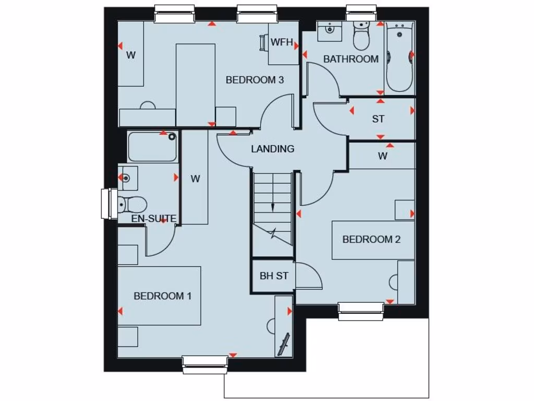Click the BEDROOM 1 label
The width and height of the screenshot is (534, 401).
pyautogui.click(x=163, y=296)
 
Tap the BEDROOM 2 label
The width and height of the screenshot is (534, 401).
pyautogui.click(x=371, y=240)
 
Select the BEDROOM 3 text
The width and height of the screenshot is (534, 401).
pyautogui.click(x=254, y=80)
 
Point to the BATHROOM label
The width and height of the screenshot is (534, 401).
pyautogui.click(x=351, y=59)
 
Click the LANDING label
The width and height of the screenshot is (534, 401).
pyautogui.click(x=273, y=149)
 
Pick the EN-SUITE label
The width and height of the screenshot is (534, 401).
pyautogui.click(x=153, y=218)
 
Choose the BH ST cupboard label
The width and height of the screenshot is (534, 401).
pyautogui.click(x=274, y=276)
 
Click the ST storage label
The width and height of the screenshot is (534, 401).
pyautogui.click(x=378, y=119)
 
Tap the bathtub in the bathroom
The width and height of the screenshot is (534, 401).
pyautogui.click(x=399, y=57)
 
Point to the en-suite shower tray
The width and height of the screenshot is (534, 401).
pyautogui.click(x=152, y=147)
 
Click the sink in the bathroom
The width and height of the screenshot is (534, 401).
pyautogui.click(x=330, y=31)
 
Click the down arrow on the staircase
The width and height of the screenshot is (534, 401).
pyautogui.click(x=272, y=207)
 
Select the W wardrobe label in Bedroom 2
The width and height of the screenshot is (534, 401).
pyautogui.click(x=383, y=156)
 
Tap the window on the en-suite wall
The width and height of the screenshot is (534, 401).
pyautogui.click(x=110, y=204)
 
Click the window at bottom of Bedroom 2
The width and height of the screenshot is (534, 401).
pyautogui.click(x=361, y=311)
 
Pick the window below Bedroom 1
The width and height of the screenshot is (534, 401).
pyautogui.click(x=205, y=364)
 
